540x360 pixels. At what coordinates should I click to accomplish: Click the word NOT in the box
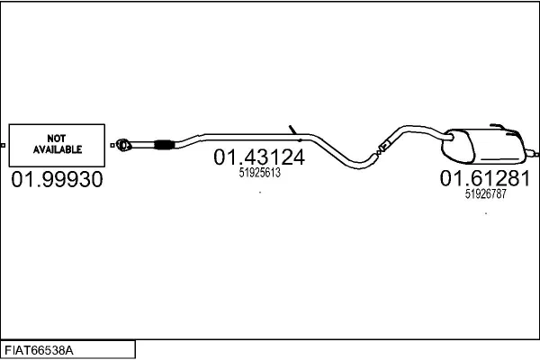pyautogui.click(x=57, y=139)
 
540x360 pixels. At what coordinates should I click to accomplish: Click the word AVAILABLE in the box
pyautogui.click(x=58, y=149)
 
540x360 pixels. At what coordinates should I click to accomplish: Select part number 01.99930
pyautogui.click(x=58, y=179)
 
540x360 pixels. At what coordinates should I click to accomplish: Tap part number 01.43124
pyautogui.click(x=259, y=157)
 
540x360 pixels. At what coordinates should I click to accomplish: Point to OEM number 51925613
pyautogui.click(x=260, y=173)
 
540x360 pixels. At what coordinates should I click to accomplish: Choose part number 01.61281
pyautogui.click(x=485, y=178)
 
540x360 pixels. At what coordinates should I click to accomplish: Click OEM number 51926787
pyautogui.click(x=486, y=194)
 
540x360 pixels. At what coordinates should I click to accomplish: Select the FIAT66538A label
pyautogui.click(x=39, y=351)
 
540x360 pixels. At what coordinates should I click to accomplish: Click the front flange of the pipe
pyautogui.click(x=123, y=145)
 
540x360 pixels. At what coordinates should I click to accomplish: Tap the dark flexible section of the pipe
pyautogui.click(x=164, y=145)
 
